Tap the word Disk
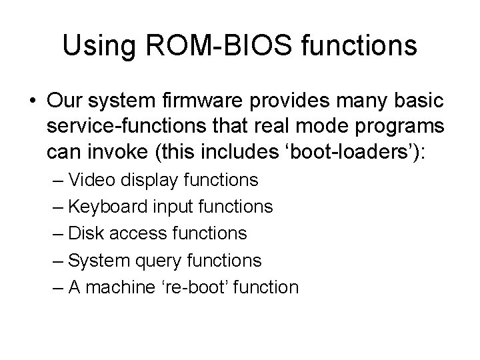[85, 233]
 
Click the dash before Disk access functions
[57, 233]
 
